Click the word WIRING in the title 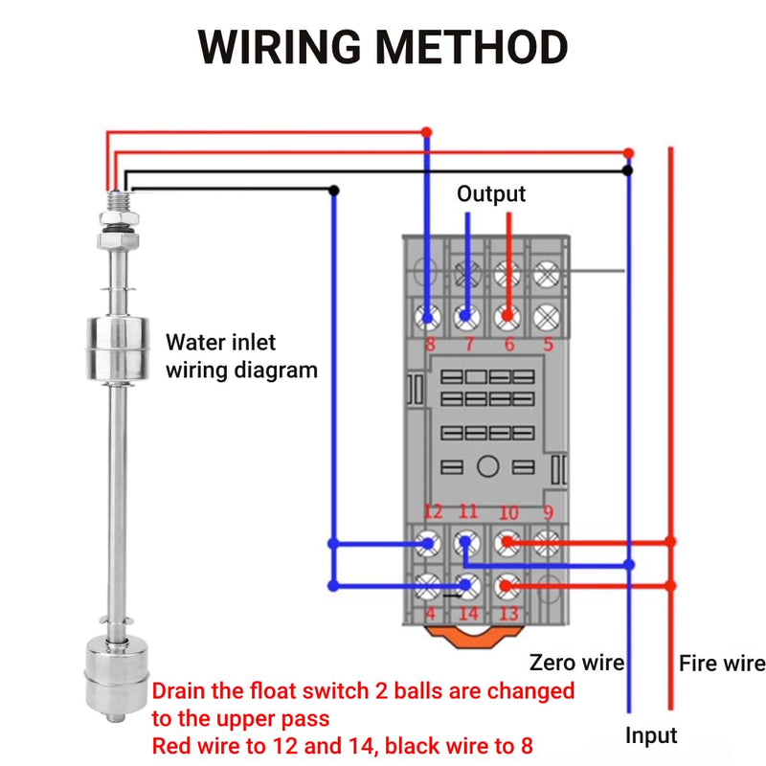pyautogui.click(x=279, y=46)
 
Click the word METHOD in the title pyautogui.click(x=472, y=46)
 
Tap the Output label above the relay pyautogui.click(x=491, y=194)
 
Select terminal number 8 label pyautogui.click(x=430, y=344)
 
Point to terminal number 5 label pyautogui.click(x=549, y=344)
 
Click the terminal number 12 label pyautogui.click(x=434, y=511)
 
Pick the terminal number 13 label pyautogui.click(x=508, y=613)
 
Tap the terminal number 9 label pyautogui.click(x=549, y=512)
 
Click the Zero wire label pyautogui.click(x=577, y=663)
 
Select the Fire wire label pyautogui.click(x=722, y=664)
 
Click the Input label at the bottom pyautogui.click(x=651, y=735)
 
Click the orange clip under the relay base pyautogui.click(x=475, y=637)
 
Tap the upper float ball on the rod pyautogui.click(x=118, y=349)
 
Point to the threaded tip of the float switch pyautogui.click(x=118, y=200)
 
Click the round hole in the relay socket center pyautogui.click(x=487, y=466)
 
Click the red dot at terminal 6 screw pyautogui.click(x=508, y=316)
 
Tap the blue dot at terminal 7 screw pyautogui.click(x=465, y=316)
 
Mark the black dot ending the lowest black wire pyautogui.click(x=334, y=191)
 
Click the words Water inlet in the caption pyautogui.click(x=220, y=342)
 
